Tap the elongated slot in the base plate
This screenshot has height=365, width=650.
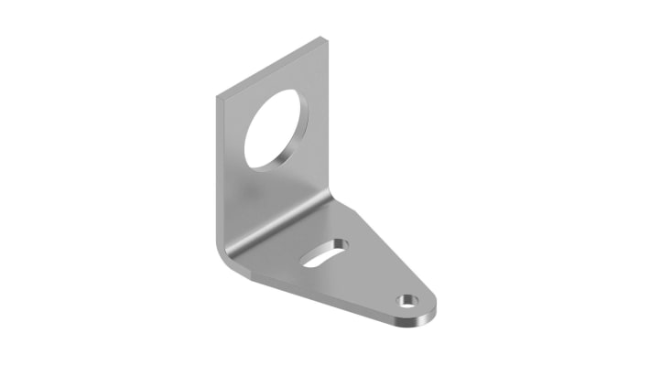[324, 253]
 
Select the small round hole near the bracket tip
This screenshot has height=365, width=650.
[405, 300]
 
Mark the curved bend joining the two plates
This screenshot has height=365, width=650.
[275, 229]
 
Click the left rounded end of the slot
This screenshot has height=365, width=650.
[308, 263]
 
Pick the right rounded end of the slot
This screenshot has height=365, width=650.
[341, 244]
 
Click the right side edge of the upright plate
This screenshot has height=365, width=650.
[327, 119]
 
